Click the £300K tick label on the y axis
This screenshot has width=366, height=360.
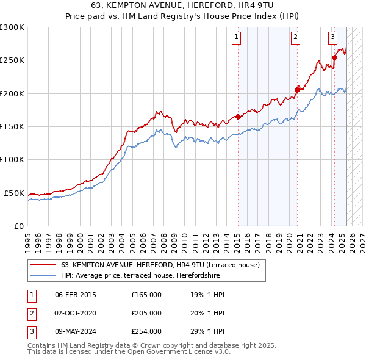pyautogui.click(x=12, y=27)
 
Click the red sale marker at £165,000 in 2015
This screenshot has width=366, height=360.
pyautogui.click(x=237, y=117)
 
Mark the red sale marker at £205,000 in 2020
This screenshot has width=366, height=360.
pyautogui.click(x=297, y=90)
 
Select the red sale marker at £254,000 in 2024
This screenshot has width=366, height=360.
pyautogui.click(x=334, y=58)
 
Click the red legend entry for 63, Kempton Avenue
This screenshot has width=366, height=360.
pyautogui.click(x=160, y=265)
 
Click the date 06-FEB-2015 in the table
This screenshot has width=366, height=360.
pyautogui.click(x=75, y=295)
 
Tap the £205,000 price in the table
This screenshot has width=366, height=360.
pyautogui.click(x=146, y=313)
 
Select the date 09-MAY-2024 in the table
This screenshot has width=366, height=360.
pyautogui.click(x=76, y=331)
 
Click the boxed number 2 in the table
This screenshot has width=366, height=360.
pyautogui.click(x=30, y=313)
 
